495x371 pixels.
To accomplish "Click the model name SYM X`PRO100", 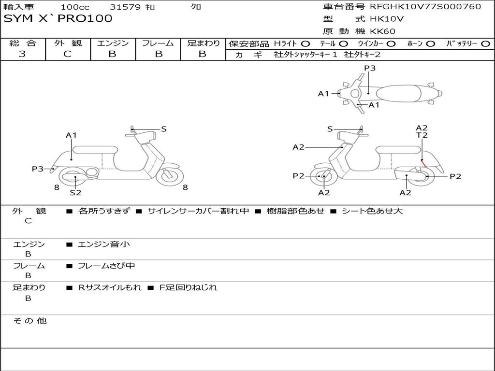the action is (58, 18).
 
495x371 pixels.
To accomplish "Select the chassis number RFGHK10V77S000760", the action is (425, 6).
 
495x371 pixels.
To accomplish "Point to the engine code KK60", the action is (383, 31).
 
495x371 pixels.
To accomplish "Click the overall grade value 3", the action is (22, 54).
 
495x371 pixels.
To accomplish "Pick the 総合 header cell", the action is (23, 43).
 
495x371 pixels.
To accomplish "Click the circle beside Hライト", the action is (305, 44).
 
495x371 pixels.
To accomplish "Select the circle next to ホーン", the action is (430, 44).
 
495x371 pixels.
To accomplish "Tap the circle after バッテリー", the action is (485, 44).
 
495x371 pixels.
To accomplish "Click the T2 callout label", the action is (422, 135).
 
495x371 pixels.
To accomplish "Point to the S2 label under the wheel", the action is (75, 193).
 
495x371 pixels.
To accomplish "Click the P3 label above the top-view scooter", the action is (370, 68).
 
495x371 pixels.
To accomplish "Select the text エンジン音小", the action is (104, 244).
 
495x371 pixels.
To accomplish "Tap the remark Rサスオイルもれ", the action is (110, 287).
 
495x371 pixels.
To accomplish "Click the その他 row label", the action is (29, 321).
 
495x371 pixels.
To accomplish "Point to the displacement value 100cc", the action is (75, 7).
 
